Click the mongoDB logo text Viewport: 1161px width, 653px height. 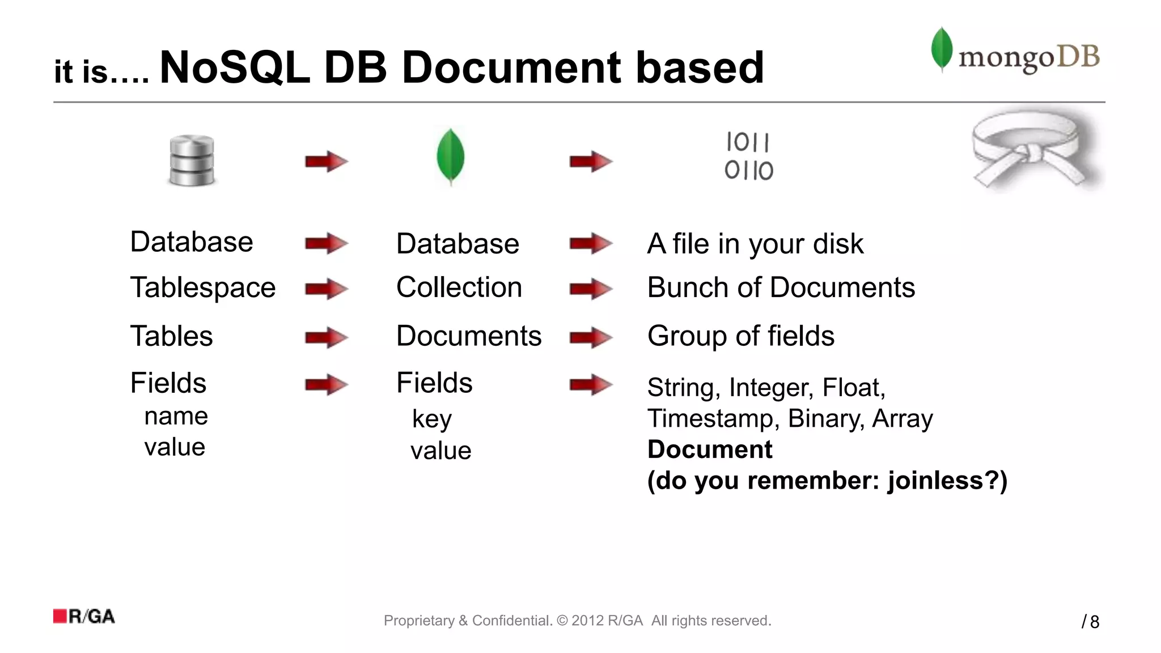click(x=1028, y=57)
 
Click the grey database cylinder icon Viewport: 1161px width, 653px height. click(x=192, y=160)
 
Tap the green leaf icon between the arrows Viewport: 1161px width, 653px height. click(x=451, y=157)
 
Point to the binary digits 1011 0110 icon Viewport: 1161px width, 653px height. click(x=748, y=156)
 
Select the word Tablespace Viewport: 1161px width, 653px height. click(x=202, y=287)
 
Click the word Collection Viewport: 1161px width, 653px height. click(x=459, y=287)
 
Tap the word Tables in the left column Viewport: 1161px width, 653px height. click(x=171, y=336)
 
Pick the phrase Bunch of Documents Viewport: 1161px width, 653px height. click(x=781, y=287)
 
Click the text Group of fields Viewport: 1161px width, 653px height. click(x=740, y=336)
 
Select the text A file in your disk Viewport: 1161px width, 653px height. click(x=755, y=244)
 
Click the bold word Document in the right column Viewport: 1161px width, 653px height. click(x=709, y=450)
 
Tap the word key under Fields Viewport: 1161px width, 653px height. click(x=431, y=419)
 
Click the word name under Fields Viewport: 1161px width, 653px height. click(x=176, y=416)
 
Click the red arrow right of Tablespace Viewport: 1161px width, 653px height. click(x=326, y=290)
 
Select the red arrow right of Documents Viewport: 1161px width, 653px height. click(x=590, y=338)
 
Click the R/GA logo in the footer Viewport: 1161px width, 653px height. click(x=84, y=616)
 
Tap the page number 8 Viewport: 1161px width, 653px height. click(x=1094, y=622)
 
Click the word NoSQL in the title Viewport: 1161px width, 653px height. click(x=235, y=68)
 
